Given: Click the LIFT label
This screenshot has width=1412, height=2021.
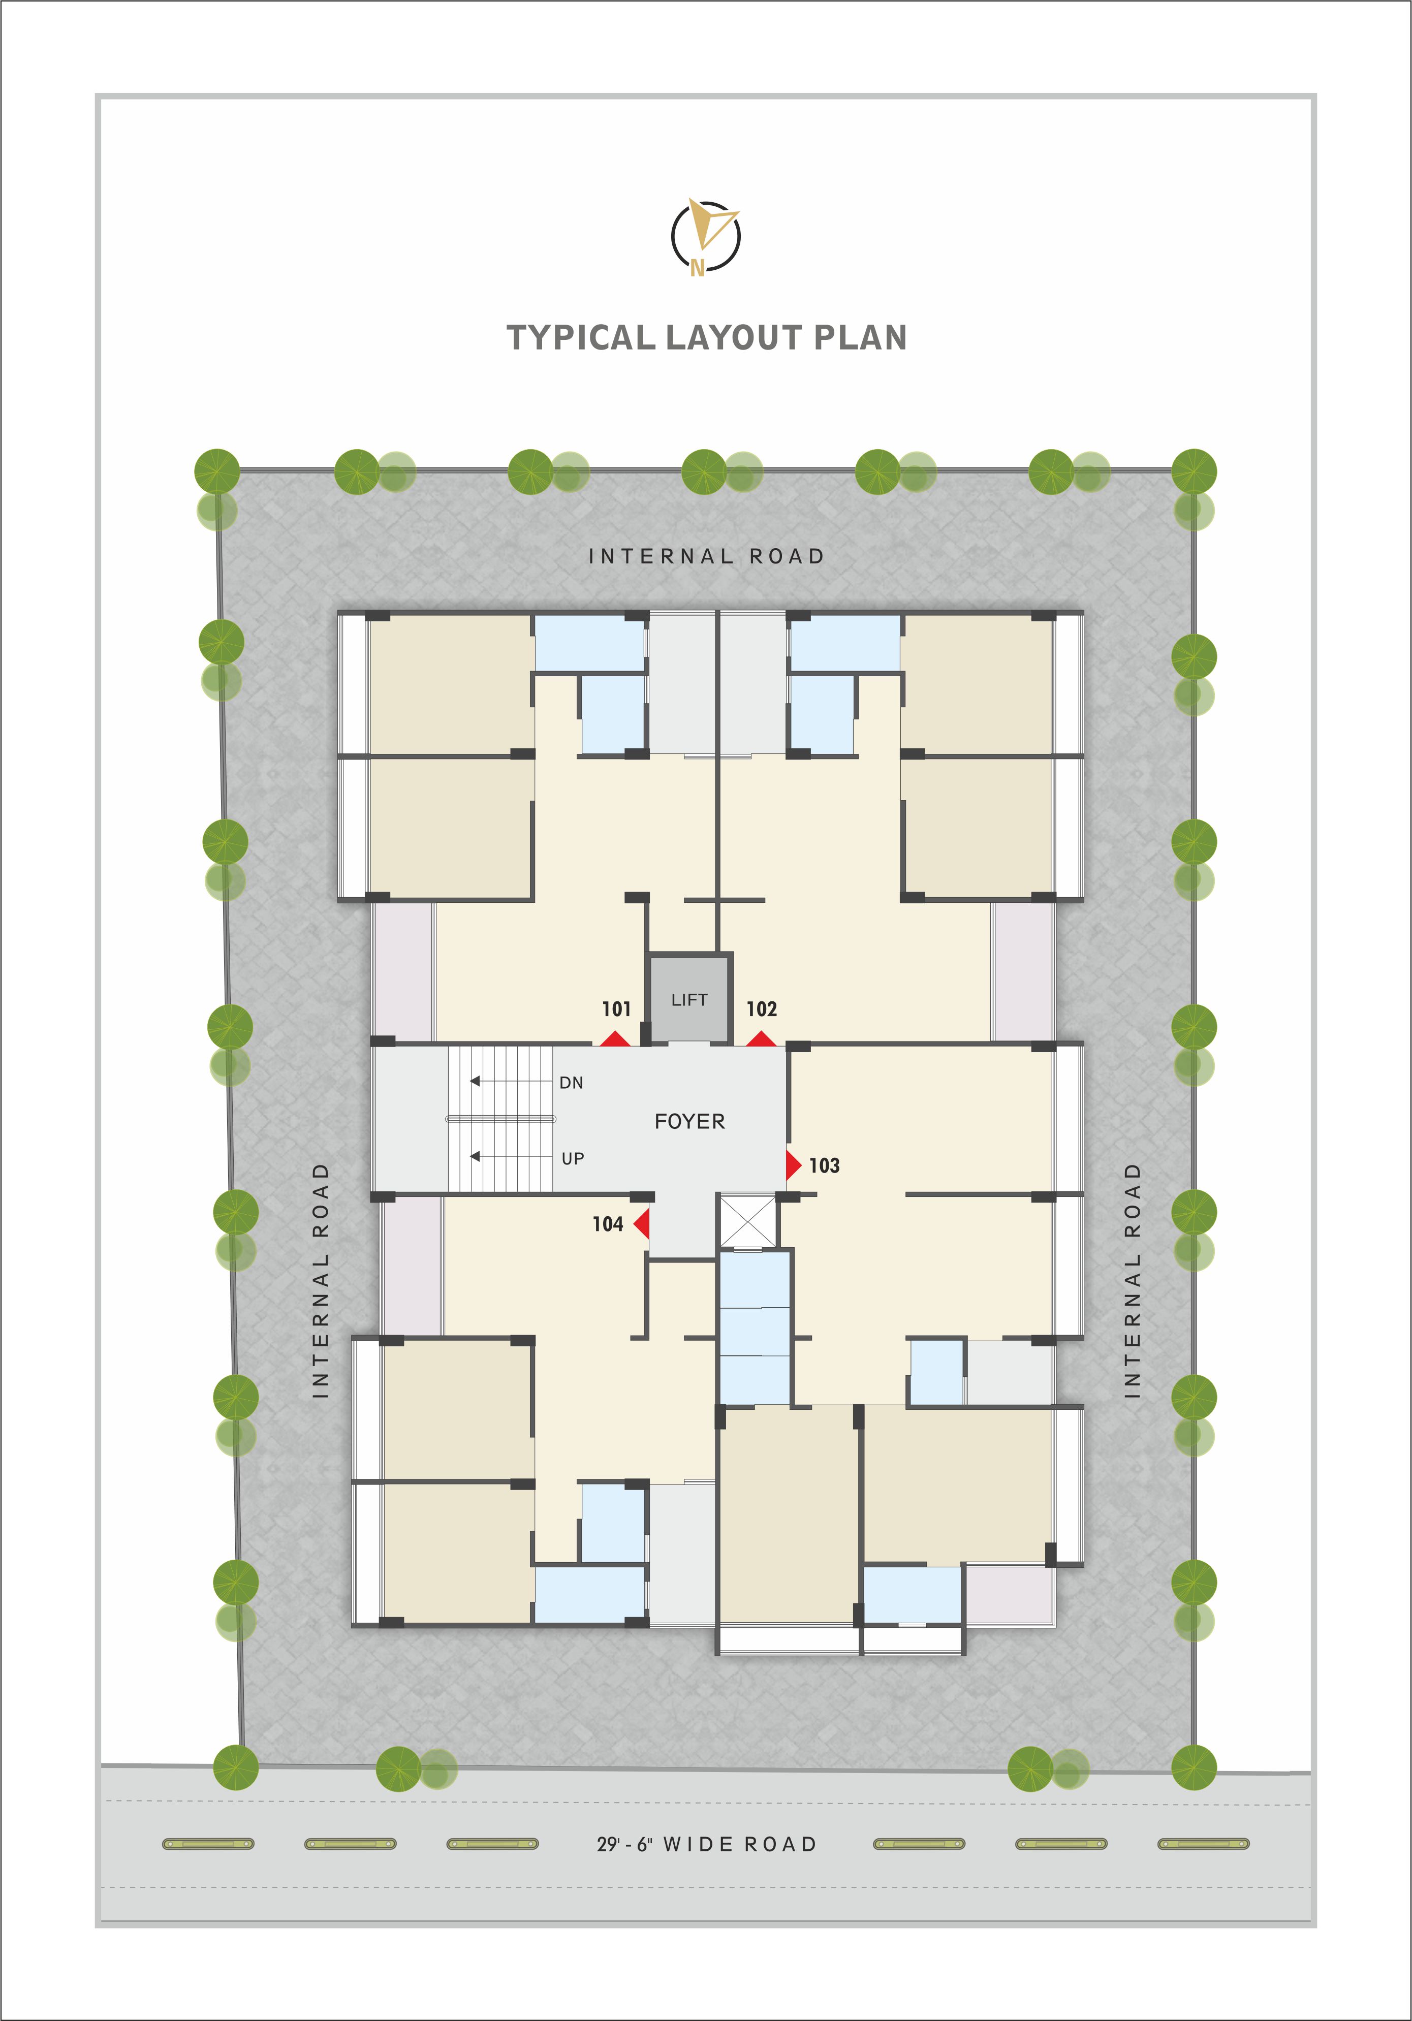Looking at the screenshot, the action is (689, 1000).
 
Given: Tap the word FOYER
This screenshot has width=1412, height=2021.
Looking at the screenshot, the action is (690, 1121).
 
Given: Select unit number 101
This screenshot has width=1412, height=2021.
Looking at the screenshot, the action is (616, 1009).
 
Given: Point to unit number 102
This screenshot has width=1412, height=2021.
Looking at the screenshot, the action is (762, 1009).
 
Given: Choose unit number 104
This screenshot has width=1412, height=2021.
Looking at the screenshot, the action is (607, 1224).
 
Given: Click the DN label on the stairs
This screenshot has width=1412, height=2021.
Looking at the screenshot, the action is (571, 1083).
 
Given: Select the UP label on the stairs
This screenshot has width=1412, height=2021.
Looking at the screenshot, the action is (573, 1158).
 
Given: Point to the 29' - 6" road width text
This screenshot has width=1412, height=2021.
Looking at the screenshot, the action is (624, 1844).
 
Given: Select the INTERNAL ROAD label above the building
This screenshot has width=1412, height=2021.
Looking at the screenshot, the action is (706, 556).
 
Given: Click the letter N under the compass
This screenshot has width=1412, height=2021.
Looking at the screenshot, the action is (697, 268).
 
